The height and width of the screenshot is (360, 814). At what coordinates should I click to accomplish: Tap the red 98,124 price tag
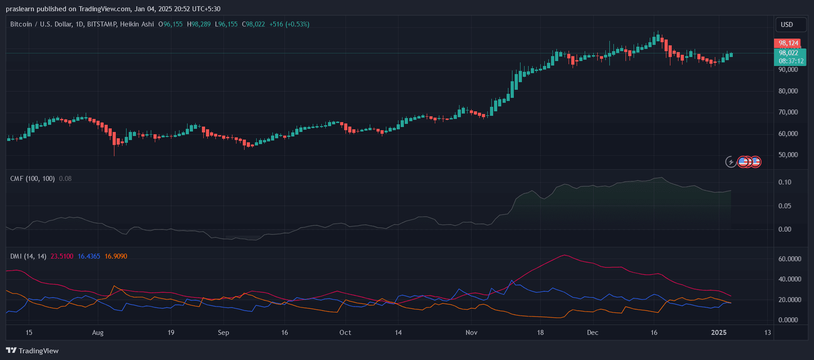point(788,43)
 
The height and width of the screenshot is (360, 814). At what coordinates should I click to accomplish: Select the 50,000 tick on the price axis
point(788,155)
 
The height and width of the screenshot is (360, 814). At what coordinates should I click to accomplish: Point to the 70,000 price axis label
point(788,112)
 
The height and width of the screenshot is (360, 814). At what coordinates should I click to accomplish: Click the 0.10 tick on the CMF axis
point(785,182)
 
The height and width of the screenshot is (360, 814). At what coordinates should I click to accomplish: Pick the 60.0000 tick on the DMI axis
point(790,259)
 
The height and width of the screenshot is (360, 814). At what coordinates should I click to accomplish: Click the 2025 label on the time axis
point(719,333)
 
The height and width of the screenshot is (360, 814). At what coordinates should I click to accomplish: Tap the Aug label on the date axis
point(98,333)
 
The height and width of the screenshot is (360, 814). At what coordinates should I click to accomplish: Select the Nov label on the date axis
point(472,333)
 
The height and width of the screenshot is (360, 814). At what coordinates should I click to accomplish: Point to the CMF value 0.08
point(66,179)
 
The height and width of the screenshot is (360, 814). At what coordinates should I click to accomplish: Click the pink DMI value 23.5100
point(62,256)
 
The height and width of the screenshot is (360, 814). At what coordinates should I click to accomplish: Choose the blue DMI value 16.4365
point(89,256)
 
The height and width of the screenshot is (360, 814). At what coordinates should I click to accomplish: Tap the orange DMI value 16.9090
point(116,256)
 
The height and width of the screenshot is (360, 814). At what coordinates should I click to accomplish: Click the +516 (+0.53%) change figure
point(289,24)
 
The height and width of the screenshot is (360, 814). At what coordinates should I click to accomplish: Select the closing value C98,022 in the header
point(254,24)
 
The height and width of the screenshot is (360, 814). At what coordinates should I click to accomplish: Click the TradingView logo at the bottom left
point(32,351)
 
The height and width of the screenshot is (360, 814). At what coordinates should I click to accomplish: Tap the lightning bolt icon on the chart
point(731,162)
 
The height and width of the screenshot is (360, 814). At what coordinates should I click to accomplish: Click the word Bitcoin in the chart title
point(21,24)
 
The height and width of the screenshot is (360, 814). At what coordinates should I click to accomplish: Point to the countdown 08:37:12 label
point(791,61)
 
